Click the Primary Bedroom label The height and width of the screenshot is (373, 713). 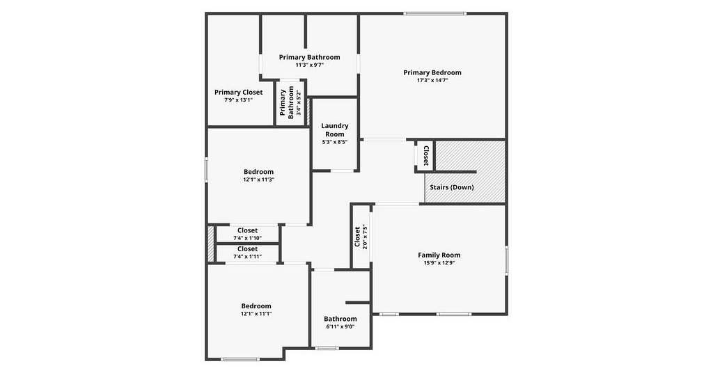point(432,72)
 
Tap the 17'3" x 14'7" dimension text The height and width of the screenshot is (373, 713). point(432,81)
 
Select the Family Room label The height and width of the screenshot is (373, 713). point(439,255)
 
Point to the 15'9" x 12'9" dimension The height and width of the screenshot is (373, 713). point(439,263)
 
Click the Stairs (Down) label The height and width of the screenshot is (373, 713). point(451,187)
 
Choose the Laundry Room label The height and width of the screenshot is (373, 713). point(335,130)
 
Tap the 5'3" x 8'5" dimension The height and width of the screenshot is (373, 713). point(335,142)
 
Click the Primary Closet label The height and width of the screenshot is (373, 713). point(238,93)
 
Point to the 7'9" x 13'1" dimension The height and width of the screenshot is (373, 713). point(238,100)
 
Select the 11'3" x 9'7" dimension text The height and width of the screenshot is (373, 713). point(310,65)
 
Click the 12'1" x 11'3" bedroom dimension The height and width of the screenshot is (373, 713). point(258,180)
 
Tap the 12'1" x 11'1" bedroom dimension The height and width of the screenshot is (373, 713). point(256,313)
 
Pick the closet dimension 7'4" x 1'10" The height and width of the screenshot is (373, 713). point(247,238)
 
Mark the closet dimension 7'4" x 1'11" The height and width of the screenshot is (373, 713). point(247,257)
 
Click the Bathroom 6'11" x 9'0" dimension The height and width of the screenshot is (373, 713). point(340,326)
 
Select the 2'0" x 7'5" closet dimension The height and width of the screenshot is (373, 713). point(365,237)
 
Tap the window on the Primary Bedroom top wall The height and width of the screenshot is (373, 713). point(434,14)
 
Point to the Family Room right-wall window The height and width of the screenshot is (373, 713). point(506,260)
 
